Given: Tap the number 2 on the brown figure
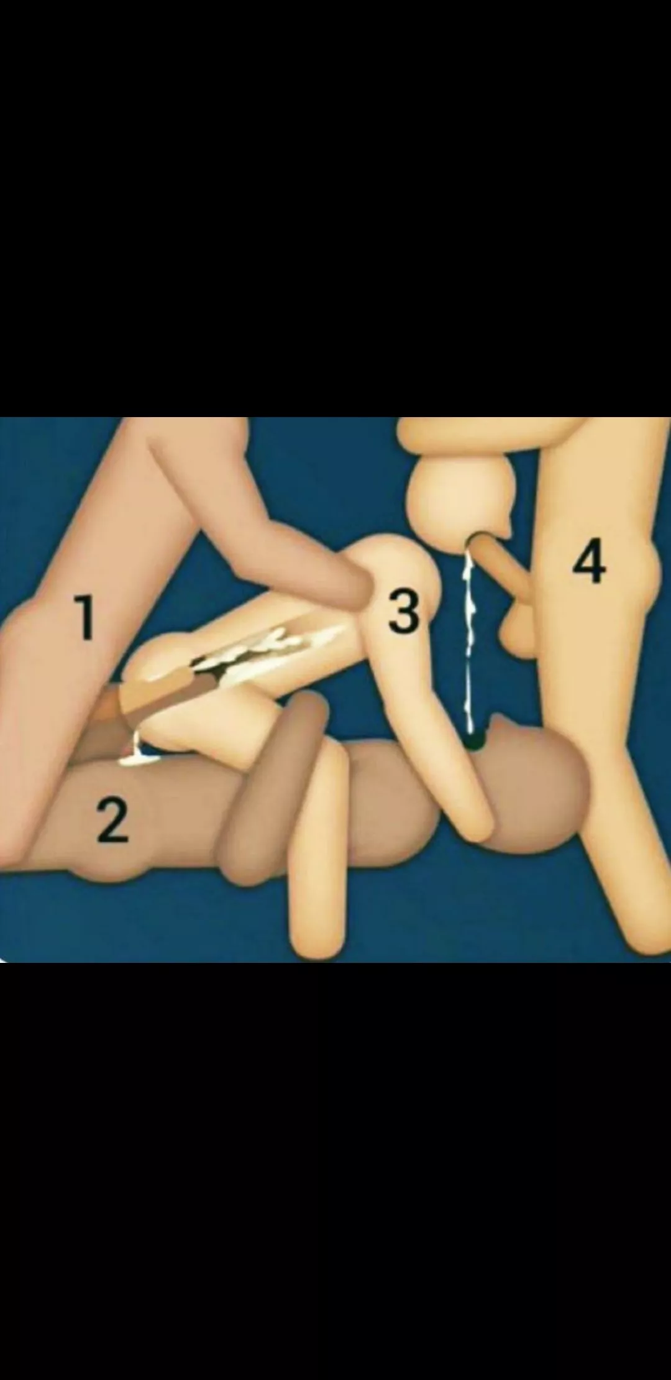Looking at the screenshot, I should coord(112,821).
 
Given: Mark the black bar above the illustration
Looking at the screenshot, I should coord(335,205).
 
